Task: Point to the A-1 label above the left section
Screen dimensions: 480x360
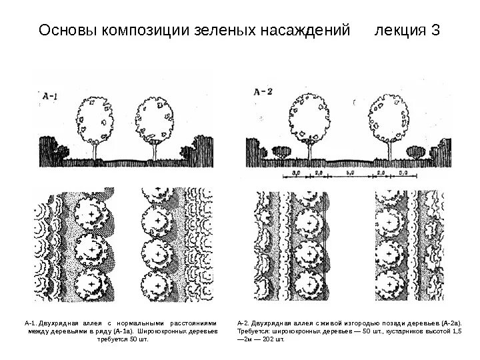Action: click(x=50, y=96)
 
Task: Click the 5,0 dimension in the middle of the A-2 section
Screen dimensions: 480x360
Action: click(x=351, y=173)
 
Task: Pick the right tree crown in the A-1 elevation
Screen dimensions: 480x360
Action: click(x=155, y=119)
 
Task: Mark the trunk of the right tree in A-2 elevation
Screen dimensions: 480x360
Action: click(x=389, y=150)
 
